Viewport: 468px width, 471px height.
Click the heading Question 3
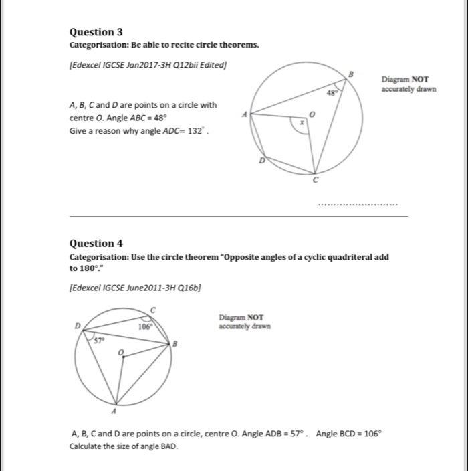[96, 32]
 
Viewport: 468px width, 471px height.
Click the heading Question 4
[96, 244]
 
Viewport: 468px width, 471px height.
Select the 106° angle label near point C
[145, 327]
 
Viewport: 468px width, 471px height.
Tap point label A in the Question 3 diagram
[245, 114]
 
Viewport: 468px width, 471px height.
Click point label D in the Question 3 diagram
[262, 161]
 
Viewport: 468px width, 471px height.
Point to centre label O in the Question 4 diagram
[120, 351]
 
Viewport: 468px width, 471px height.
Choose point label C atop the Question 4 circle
[152, 308]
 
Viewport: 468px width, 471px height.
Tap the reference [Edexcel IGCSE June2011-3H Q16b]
[136, 288]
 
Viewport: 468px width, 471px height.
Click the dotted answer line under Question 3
[358, 204]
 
